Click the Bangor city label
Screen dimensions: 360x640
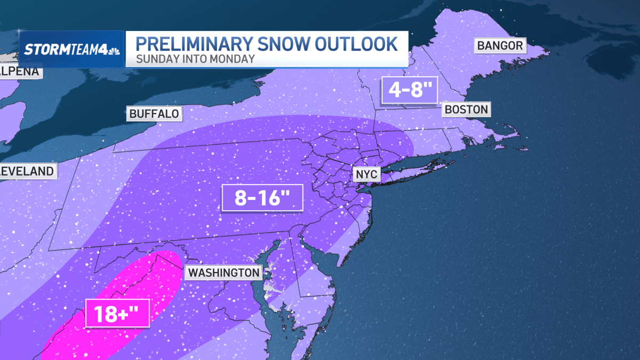[x=500, y=45]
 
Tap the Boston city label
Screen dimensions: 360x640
[x=466, y=110]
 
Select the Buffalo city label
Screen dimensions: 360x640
[x=154, y=113]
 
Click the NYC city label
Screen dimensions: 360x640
[x=366, y=175]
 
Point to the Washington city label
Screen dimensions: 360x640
[x=223, y=273]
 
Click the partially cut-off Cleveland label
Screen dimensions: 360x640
[x=27, y=171]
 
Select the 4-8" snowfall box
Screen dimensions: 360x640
[x=409, y=89]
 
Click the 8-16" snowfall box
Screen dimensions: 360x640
[x=262, y=198]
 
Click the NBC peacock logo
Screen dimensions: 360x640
[x=114, y=50]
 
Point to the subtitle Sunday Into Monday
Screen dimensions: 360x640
[x=195, y=59]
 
